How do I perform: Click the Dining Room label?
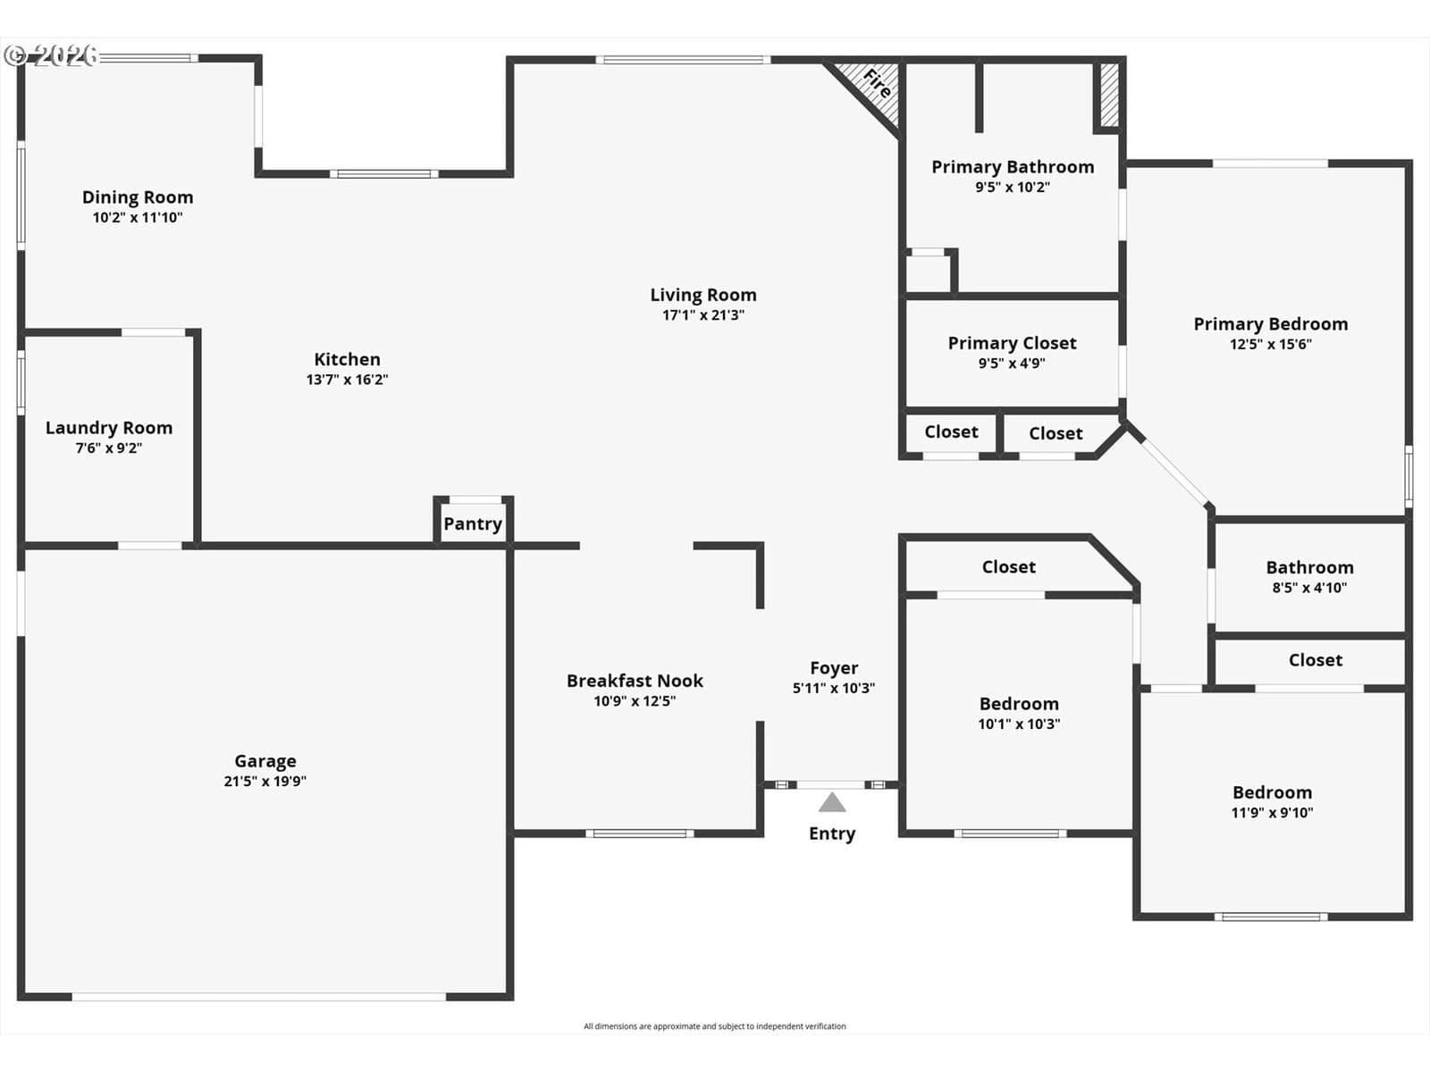pyautogui.click(x=138, y=197)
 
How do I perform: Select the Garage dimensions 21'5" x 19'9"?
pyautogui.click(x=265, y=781)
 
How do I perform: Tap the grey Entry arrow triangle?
pyautogui.click(x=832, y=802)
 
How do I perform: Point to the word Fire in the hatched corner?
pyautogui.click(x=877, y=84)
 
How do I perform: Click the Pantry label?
pyautogui.click(x=473, y=524)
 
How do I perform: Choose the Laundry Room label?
pyautogui.click(x=109, y=428)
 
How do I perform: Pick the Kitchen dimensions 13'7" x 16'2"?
pyautogui.click(x=348, y=380)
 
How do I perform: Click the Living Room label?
pyautogui.click(x=703, y=296)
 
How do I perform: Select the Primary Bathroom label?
pyautogui.click(x=1013, y=167)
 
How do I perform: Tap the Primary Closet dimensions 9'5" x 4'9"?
pyautogui.click(x=1012, y=364)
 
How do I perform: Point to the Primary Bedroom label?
pyautogui.click(x=1270, y=324)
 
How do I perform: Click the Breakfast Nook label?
pyautogui.click(x=635, y=681)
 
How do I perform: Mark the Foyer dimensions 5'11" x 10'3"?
pyautogui.click(x=834, y=688)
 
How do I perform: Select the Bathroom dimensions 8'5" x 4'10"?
pyautogui.click(x=1309, y=588)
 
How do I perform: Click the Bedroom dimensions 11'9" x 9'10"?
pyautogui.click(x=1272, y=812)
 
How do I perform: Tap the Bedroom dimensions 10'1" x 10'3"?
pyautogui.click(x=1019, y=724)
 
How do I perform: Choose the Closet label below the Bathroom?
pyautogui.click(x=1316, y=660)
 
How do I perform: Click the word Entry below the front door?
pyautogui.click(x=832, y=833)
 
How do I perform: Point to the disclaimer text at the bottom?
pyautogui.click(x=715, y=1026)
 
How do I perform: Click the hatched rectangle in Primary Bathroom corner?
pyautogui.click(x=1109, y=95)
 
